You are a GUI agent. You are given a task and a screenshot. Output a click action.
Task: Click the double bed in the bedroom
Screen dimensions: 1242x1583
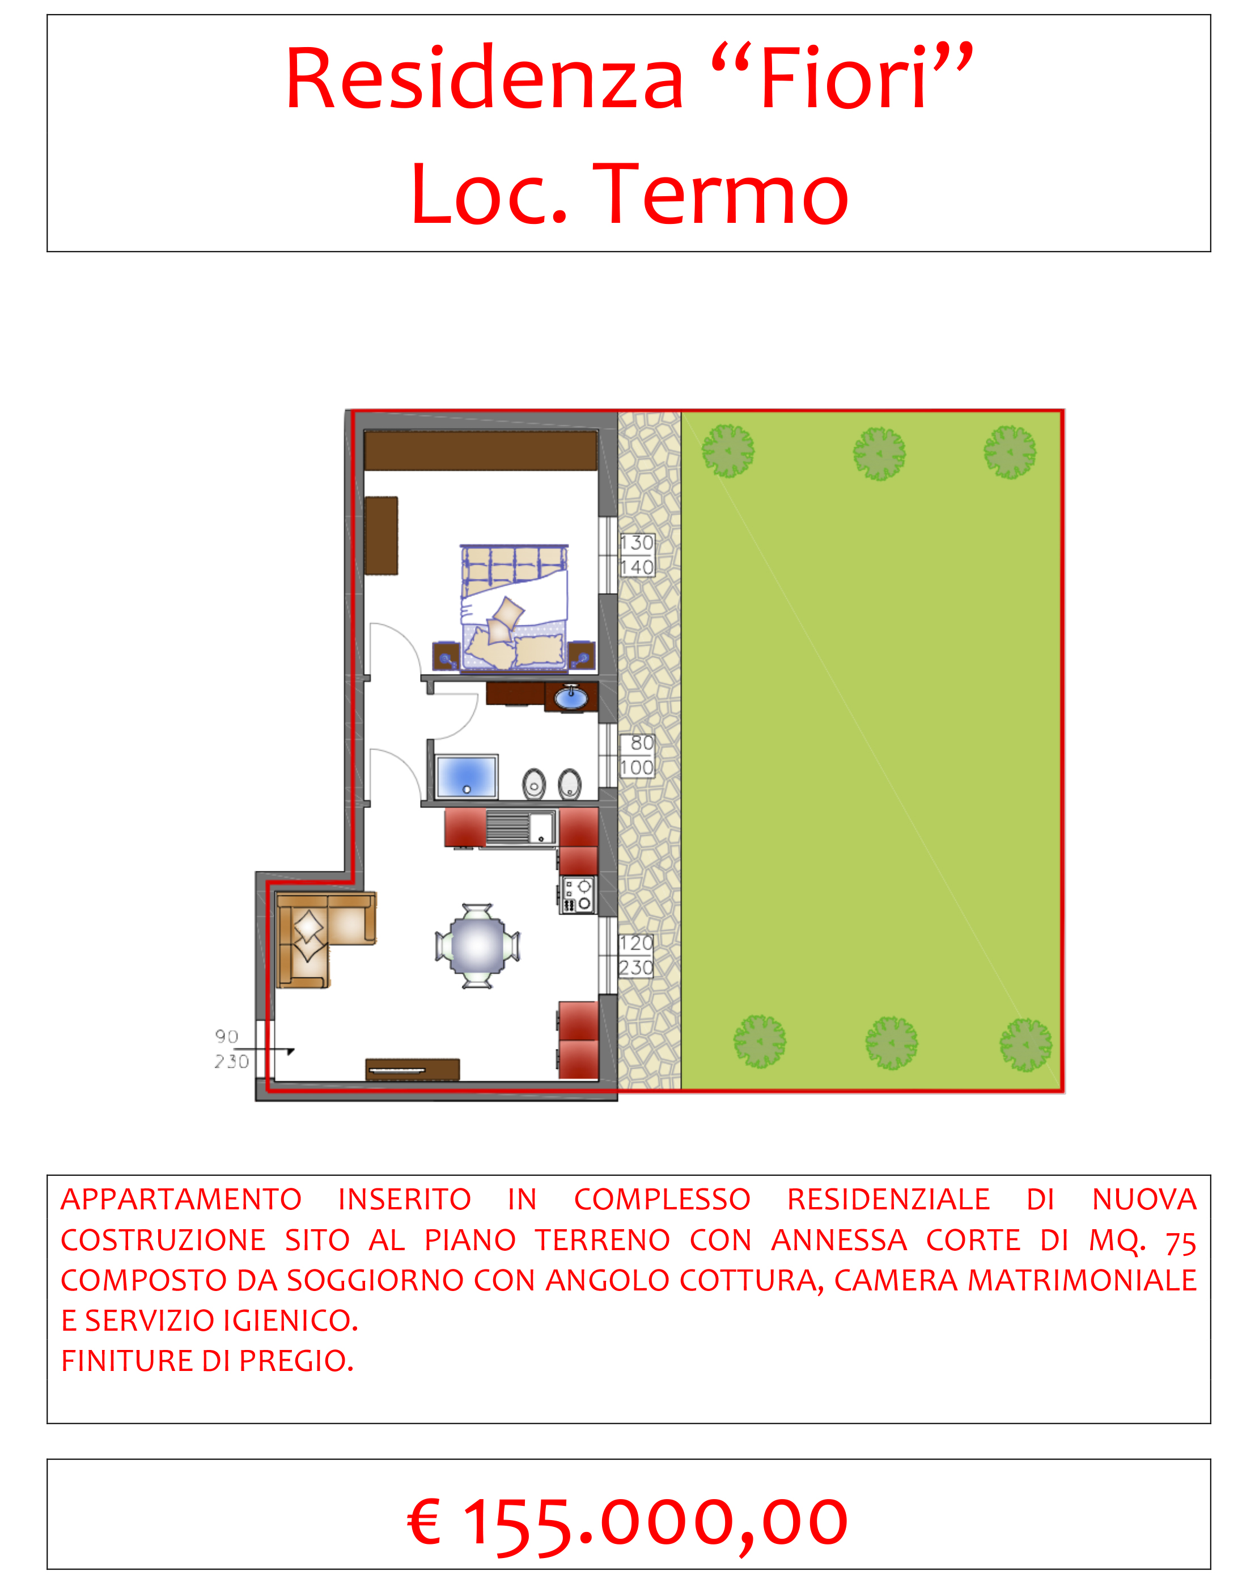coord(514,608)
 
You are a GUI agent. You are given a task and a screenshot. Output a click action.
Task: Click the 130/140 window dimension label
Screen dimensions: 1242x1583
coord(637,555)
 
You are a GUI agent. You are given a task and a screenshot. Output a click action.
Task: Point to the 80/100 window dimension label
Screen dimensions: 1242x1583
coord(637,756)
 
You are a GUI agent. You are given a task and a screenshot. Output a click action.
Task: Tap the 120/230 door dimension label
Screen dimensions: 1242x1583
coord(636,955)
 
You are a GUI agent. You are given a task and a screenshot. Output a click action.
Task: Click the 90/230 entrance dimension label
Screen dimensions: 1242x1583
coord(232,1049)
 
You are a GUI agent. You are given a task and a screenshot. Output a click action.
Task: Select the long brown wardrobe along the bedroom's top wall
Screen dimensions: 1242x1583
coord(481,451)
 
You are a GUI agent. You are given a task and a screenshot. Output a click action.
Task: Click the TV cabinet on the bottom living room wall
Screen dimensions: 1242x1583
coord(412,1070)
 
